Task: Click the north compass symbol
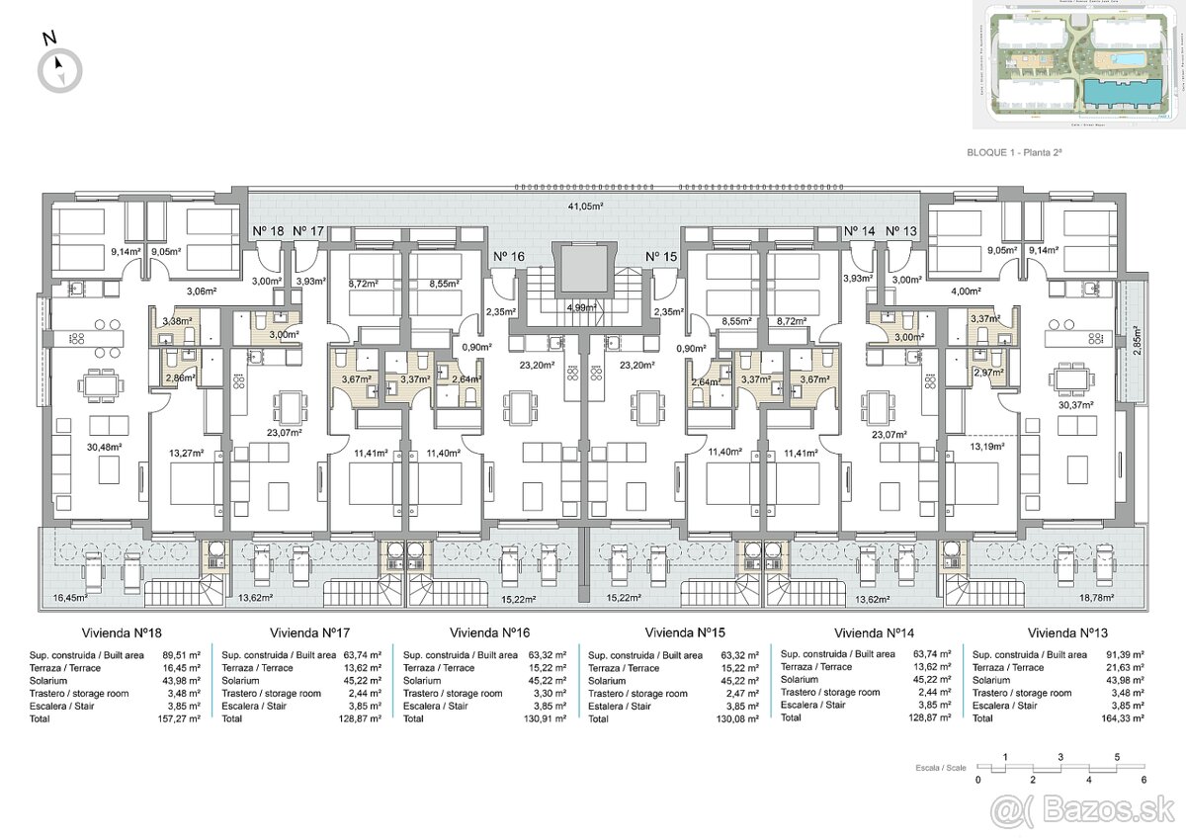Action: click(x=60, y=69)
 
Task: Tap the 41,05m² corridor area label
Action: click(x=585, y=207)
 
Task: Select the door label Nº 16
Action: click(x=508, y=256)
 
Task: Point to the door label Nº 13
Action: click(x=900, y=231)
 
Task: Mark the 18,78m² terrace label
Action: click(x=1096, y=598)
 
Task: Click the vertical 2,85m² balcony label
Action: click(x=1136, y=340)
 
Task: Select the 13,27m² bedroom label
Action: click(x=185, y=453)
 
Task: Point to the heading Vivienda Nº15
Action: click(x=685, y=632)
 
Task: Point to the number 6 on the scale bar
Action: click(x=1144, y=781)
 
